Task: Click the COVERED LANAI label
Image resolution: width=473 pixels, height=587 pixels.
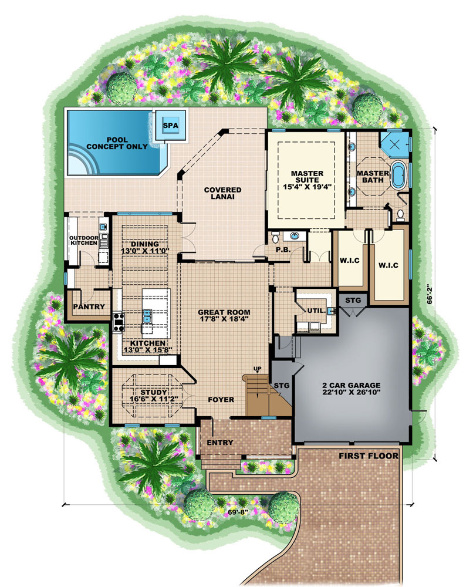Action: [x=223, y=193]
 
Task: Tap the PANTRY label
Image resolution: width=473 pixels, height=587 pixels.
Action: [x=89, y=306]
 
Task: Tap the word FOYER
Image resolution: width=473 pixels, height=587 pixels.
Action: [x=221, y=400]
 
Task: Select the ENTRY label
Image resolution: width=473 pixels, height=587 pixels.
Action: [x=221, y=443]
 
